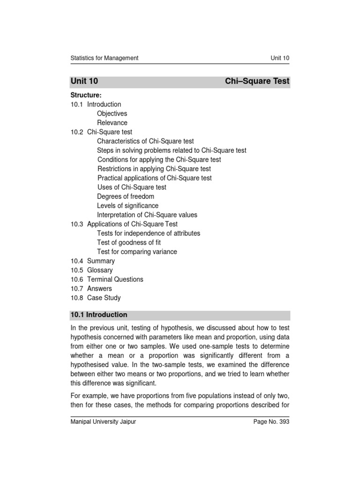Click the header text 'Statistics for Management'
point(104,58)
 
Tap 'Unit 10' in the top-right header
point(280,58)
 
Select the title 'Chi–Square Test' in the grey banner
point(257,81)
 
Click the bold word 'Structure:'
point(86,95)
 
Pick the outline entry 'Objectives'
point(112,113)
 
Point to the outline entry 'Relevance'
point(112,123)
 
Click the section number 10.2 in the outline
point(77,132)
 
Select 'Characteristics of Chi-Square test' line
point(145,141)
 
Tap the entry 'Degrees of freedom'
point(126,196)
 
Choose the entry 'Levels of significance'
point(127,206)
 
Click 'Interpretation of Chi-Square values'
point(147,215)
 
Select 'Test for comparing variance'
point(137,252)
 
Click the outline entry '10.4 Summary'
point(93,261)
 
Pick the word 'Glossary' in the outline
point(100,270)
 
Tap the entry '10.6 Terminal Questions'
point(107,279)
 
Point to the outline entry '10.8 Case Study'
point(96,298)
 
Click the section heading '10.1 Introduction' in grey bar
point(99,315)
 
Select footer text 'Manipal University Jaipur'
point(103,422)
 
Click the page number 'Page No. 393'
point(271,422)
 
